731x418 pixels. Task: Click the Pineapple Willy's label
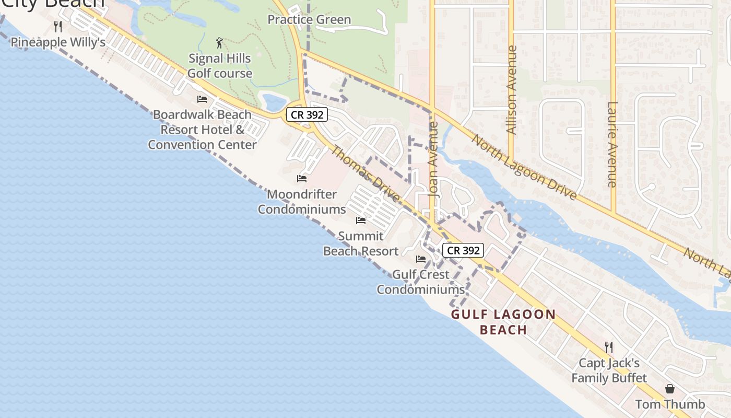click(58, 42)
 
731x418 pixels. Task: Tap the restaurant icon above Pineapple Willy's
click(58, 26)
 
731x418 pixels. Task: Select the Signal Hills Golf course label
click(220, 66)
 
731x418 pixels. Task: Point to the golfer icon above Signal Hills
click(220, 43)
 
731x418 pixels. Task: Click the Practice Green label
click(309, 20)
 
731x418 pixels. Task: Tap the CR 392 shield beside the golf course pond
click(306, 115)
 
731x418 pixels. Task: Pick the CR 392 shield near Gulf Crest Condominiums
click(464, 250)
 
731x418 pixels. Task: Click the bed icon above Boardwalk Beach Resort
click(202, 99)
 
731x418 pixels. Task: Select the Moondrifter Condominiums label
click(302, 202)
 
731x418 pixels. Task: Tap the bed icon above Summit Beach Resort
click(361, 220)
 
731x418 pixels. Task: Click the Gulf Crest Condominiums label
click(421, 282)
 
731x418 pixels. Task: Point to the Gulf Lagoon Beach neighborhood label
click(503, 322)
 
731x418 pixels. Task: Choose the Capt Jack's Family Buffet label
click(609, 370)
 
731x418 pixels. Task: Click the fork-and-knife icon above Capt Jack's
click(608, 347)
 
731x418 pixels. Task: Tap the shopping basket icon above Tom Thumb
click(670, 389)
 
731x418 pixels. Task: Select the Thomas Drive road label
click(366, 175)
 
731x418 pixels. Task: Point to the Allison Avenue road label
click(512, 90)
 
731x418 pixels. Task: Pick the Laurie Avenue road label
click(612, 144)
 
